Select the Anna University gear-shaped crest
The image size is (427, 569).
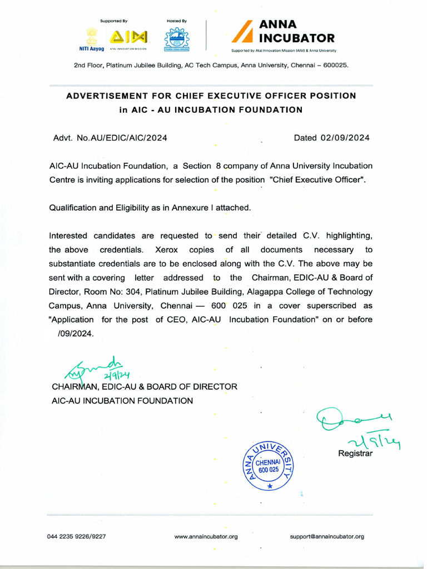[x=176, y=39]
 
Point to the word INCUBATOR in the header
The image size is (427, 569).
[x=297, y=38]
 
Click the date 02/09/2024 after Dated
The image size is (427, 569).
[x=345, y=138]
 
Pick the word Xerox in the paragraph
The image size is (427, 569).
[x=166, y=250]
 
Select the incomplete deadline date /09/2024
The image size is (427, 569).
[x=76, y=333]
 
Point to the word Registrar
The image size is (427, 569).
[x=355, y=453]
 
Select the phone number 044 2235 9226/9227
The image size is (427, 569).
[x=76, y=537]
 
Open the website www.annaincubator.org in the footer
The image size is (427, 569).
[x=206, y=537]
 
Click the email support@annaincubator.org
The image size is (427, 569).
[x=327, y=537]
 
